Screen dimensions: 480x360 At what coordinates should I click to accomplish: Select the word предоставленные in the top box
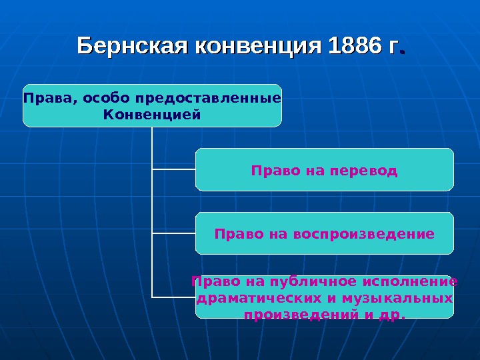coord(208,99)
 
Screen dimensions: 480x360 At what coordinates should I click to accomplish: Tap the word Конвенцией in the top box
coord(152,115)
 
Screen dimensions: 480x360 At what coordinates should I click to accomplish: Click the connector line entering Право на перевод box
coord(173,169)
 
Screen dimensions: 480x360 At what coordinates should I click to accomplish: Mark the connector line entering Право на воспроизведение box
coord(173,233)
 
